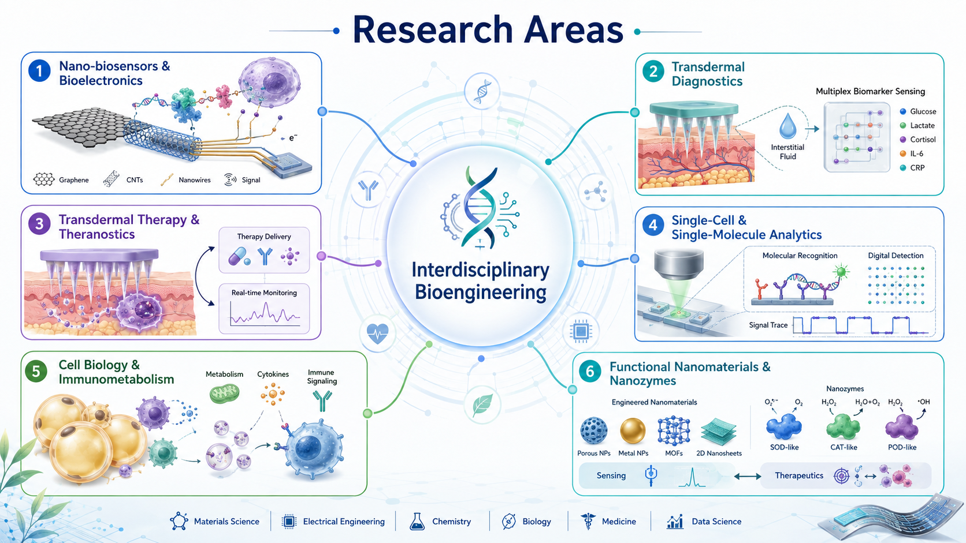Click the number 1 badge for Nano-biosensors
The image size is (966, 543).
[x=39, y=70]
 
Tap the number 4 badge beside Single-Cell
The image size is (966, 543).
[x=653, y=225]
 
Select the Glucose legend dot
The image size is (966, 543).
[x=903, y=111]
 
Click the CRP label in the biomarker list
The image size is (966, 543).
[x=917, y=167]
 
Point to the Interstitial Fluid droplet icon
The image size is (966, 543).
[x=787, y=125]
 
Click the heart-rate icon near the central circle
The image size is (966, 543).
[x=377, y=334]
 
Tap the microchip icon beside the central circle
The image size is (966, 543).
[x=581, y=331]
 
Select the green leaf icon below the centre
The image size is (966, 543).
[x=482, y=405]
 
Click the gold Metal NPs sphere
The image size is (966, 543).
[x=633, y=430]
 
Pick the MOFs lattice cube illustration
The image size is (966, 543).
[x=674, y=431]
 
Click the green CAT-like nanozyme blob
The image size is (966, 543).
[x=843, y=427]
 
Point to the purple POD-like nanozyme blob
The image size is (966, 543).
[x=902, y=427]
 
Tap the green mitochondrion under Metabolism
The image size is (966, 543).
[x=224, y=394]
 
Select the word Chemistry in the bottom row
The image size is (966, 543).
[x=452, y=522]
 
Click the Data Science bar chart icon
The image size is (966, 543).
[x=675, y=522]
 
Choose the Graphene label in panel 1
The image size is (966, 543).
[x=74, y=180]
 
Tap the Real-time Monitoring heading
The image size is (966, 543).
[x=264, y=293]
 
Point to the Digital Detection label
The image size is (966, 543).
[x=896, y=256]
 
